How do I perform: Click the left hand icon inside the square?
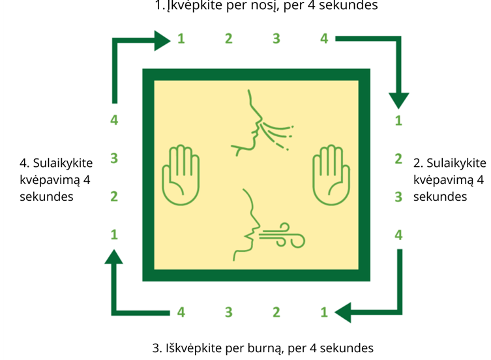pos(181,175)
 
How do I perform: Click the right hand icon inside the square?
pos(331,175)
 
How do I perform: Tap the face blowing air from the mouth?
pos(269,225)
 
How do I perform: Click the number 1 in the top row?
pos(181,38)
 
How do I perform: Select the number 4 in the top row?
pos(324,38)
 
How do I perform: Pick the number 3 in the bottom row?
pos(229,312)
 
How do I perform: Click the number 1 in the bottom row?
pos(324,312)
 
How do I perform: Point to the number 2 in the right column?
pos(398,159)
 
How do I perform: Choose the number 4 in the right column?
pos(398,235)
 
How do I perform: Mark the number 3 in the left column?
pos(114,158)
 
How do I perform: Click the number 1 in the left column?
pos(114,234)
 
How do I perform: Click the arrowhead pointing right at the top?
pos(162,40)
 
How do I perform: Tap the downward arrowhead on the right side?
pos(399,100)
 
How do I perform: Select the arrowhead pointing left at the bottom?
pos(343,312)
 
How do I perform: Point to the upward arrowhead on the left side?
pos(113,257)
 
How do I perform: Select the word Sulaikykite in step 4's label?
pos(63,163)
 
